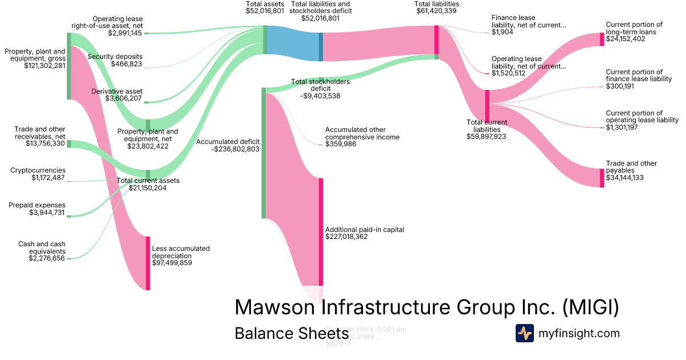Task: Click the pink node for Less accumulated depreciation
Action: point(147,263)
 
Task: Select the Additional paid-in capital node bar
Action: point(321,231)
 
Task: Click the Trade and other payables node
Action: point(601,178)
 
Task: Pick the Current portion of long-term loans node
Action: point(601,39)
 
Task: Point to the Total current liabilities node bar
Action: point(487,106)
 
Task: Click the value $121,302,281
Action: point(45,66)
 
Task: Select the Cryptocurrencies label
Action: point(38,170)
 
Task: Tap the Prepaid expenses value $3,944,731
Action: point(47,213)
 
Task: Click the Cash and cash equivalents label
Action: point(42,247)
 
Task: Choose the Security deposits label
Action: point(115,57)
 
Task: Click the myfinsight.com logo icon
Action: point(524,333)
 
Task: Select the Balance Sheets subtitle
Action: point(292,333)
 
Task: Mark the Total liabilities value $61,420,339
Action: point(436,11)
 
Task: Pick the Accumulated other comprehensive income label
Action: point(362,133)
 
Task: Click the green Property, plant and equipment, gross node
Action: point(69,66)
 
